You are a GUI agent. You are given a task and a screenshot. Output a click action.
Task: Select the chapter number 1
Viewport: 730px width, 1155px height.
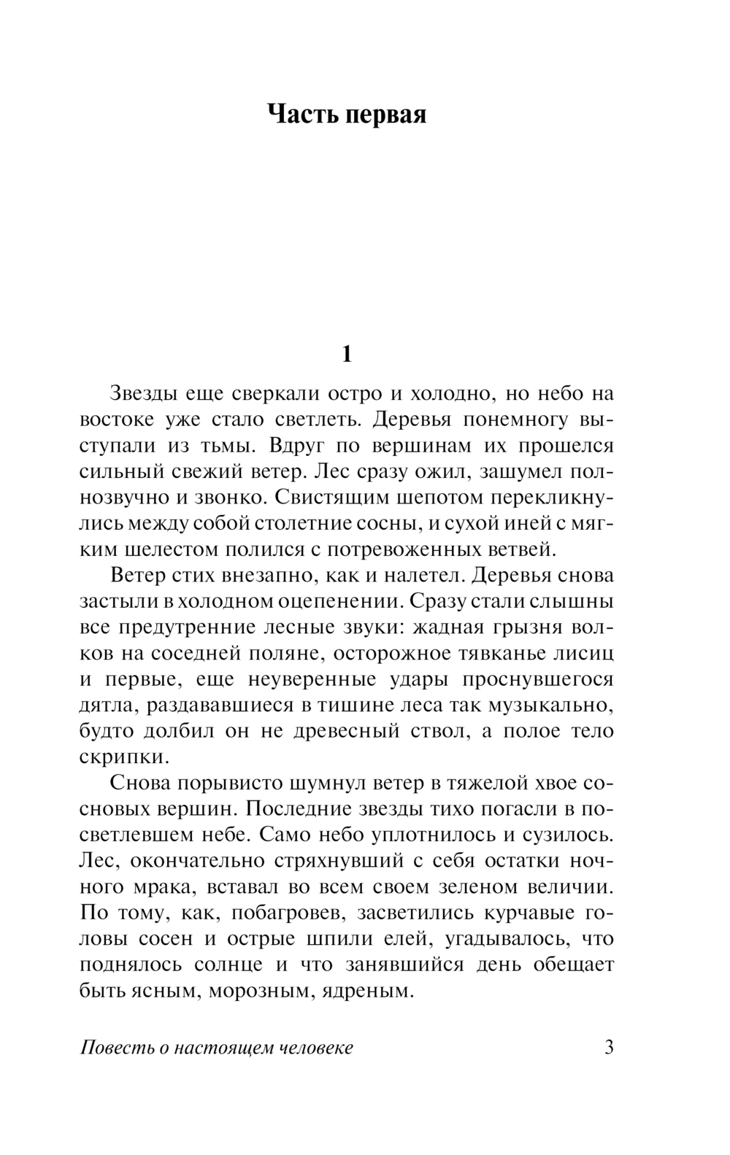(347, 355)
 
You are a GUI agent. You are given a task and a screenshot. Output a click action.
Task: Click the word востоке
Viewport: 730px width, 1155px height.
(117, 421)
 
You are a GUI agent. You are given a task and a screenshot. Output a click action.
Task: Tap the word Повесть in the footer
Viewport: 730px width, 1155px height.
(113, 1048)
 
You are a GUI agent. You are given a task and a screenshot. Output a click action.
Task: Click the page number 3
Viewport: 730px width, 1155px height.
(610, 1048)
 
